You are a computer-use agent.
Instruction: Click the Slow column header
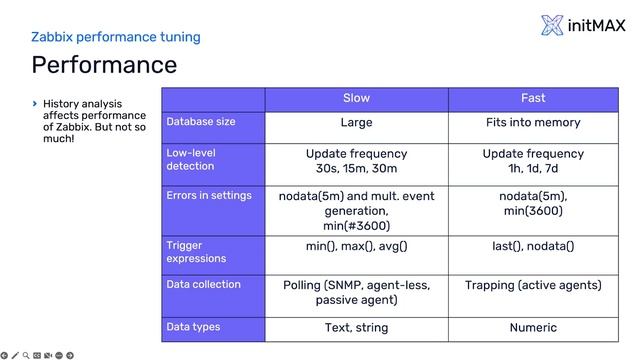point(356,98)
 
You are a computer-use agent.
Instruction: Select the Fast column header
point(533,98)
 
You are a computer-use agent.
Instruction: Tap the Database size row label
point(201,122)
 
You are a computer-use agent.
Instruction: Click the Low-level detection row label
point(191,159)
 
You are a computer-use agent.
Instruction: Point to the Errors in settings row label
point(209,195)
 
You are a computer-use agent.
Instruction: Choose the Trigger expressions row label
point(196,251)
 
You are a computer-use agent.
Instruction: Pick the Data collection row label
point(203,284)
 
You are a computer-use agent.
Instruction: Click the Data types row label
point(193,327)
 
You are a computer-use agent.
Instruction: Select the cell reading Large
point(356,123)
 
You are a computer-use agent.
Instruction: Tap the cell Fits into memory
point(533,123)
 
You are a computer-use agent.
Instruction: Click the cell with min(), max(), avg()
point(356,245)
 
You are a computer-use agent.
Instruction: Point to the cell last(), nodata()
point(533,245)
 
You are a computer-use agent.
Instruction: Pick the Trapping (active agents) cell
point(533,285)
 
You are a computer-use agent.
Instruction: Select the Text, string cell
point(356,327)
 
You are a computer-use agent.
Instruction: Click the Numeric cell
point(533,327)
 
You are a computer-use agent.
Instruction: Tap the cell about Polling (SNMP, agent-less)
point(356,292)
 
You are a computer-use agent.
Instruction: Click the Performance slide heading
point(104,66)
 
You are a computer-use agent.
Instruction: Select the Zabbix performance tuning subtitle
point(116,37)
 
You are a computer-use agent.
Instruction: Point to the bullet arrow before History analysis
point(35,102)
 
